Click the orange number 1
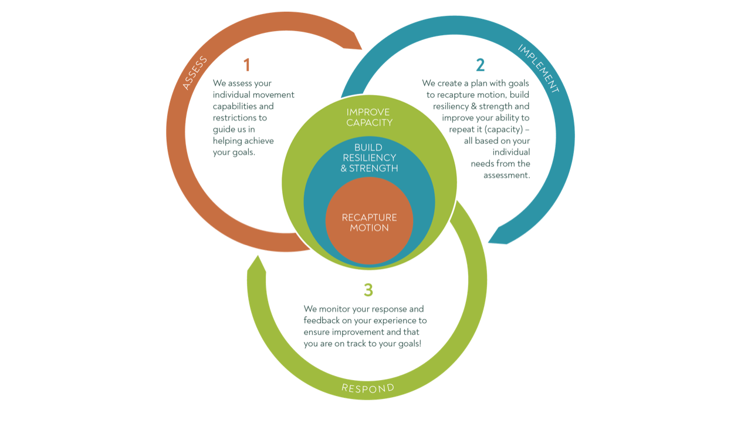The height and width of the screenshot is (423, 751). (247, 65)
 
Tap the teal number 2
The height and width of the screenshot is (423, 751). (481, 65)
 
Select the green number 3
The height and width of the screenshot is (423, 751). (368, 290)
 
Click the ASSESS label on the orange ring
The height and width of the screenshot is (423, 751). (195, 73)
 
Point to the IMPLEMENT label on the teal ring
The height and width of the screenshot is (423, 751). (539, 68)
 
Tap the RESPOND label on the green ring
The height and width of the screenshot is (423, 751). (368, 388)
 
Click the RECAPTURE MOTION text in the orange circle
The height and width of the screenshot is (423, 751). (369, 223)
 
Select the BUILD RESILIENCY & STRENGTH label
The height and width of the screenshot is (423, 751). (369, 157)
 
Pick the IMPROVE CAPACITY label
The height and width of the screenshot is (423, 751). (369, 117)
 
